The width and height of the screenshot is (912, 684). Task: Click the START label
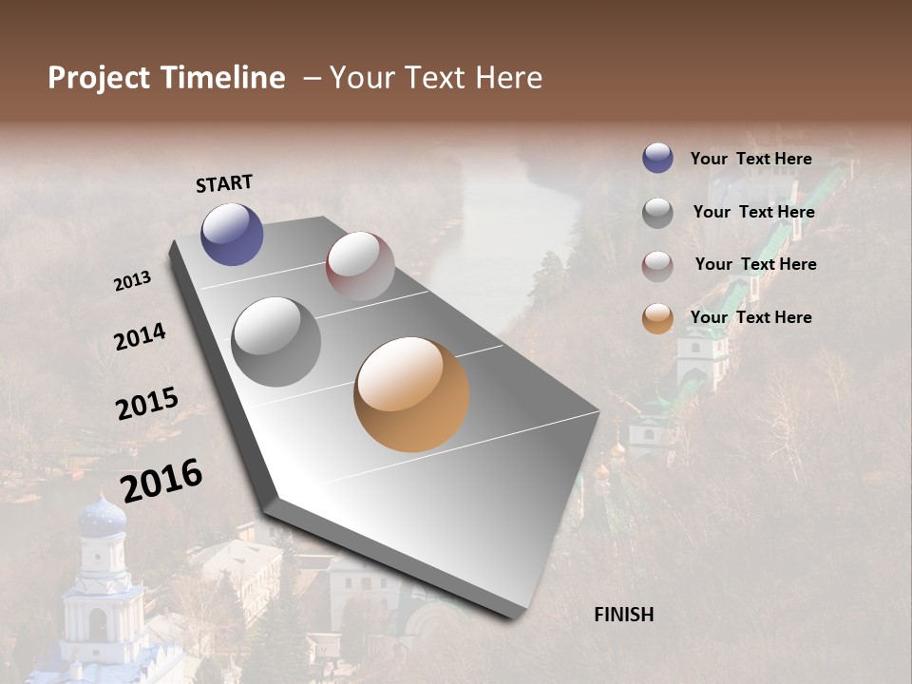click(x=224, y=183)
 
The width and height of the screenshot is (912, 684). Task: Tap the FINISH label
click(x=623, y=615)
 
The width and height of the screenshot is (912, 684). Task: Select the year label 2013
click(x=132, y=281)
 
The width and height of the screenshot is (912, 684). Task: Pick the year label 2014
click(x=140, y=336)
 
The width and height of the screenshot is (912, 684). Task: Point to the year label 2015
click(x=147, y=404)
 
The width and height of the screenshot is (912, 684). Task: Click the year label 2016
click(x=161, y=480)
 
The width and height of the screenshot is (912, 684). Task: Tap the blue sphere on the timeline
click(x=232, y=234)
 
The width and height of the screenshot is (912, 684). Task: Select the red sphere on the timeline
click(x=360, y=266)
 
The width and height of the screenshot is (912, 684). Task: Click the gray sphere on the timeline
click(x=276, y=342)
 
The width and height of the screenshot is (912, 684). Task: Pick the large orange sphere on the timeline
click(x=411, y=394)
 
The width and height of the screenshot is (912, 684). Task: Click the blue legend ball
click(x=657, y=158)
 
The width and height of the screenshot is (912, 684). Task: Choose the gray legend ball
click(x=657, y=212)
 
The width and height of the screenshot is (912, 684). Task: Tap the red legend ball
click(x=657, y=265)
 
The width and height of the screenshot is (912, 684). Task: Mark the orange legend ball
click(x=657, y=318)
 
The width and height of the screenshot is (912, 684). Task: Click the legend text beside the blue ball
click(x=750, y=159)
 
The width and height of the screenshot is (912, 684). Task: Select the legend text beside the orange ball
click(x=750, y=317)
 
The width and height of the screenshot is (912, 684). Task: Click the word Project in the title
click(x=99, y=78)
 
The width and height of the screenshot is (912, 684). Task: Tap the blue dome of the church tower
click(x=102, y=518)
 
